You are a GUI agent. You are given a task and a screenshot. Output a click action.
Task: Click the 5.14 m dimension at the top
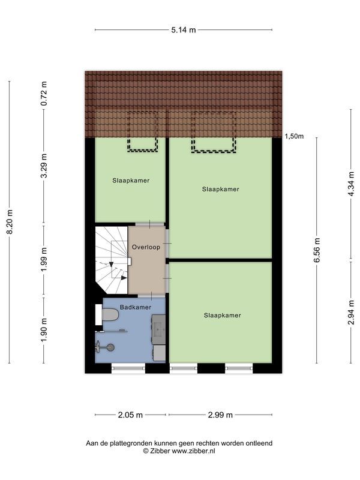tap(184, 29)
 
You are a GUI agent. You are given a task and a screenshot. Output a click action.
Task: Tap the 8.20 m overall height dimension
tap(10, 222)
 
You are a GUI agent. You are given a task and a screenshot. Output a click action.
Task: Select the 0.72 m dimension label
tap(43, 94)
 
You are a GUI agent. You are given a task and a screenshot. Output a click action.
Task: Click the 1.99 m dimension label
tap(43, 260)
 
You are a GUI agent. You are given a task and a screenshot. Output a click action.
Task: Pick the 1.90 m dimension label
tap(43, 329)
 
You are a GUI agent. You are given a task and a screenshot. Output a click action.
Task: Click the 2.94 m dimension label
tap(351, 313)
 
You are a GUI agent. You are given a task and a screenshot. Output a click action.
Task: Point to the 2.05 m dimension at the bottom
tap(130, 415)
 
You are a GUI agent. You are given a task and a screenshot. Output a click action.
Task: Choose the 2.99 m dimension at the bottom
tap(220, 415)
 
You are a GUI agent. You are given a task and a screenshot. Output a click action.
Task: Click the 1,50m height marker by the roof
tap(294, 136)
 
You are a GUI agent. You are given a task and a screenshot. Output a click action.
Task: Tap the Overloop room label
tap(145, 247)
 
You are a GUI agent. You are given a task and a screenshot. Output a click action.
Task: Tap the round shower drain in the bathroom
tap(110, 346)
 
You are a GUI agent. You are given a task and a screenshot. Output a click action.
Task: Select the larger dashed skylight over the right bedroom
tap(214, 132)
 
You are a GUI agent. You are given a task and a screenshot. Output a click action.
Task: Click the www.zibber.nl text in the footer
tap(193, 451)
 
